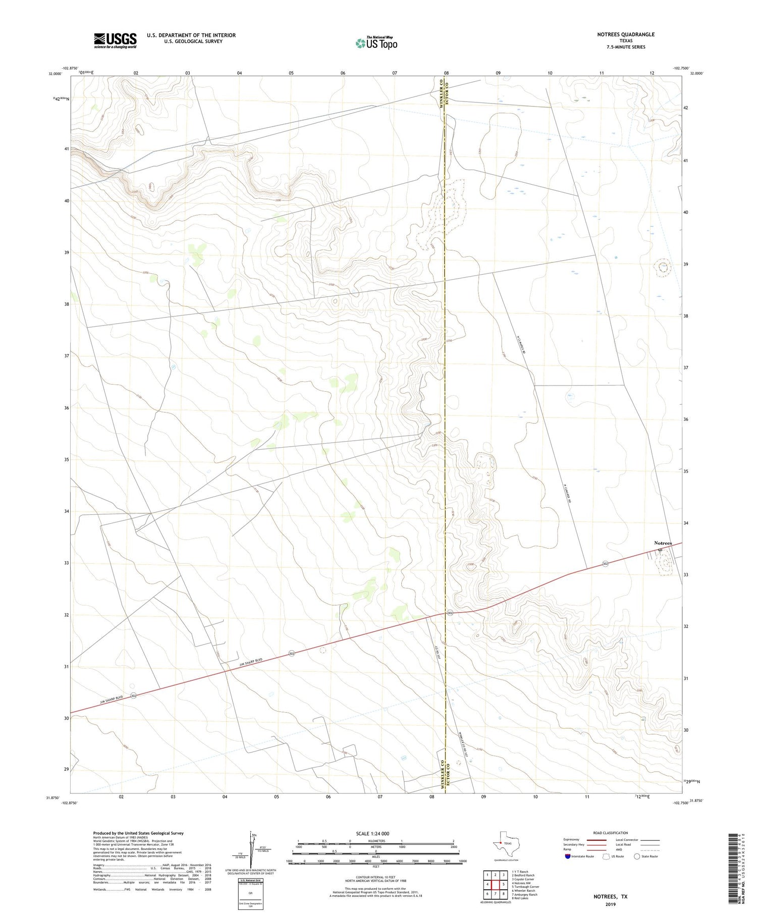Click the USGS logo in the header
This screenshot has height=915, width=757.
(x=115, y=40)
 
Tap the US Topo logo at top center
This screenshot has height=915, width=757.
(x=376, y=43)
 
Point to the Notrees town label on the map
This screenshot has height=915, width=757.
(x=663, y=543)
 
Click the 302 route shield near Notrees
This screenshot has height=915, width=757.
(x=605, y=563)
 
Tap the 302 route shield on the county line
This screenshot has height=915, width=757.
(x=450, y=613)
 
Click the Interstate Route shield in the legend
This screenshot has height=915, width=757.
(x=568, y=856)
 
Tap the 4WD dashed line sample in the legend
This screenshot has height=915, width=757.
(x=650, y=849)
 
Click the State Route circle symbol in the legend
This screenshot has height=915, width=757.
(x=637, y=856)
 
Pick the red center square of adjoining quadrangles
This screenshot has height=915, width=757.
(x=496, y=884)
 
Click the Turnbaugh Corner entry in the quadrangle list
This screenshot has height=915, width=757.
(x=525, y=886)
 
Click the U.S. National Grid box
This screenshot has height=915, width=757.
(x=250, y=893)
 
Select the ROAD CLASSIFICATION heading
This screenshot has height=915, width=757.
(x=610, y=833)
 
